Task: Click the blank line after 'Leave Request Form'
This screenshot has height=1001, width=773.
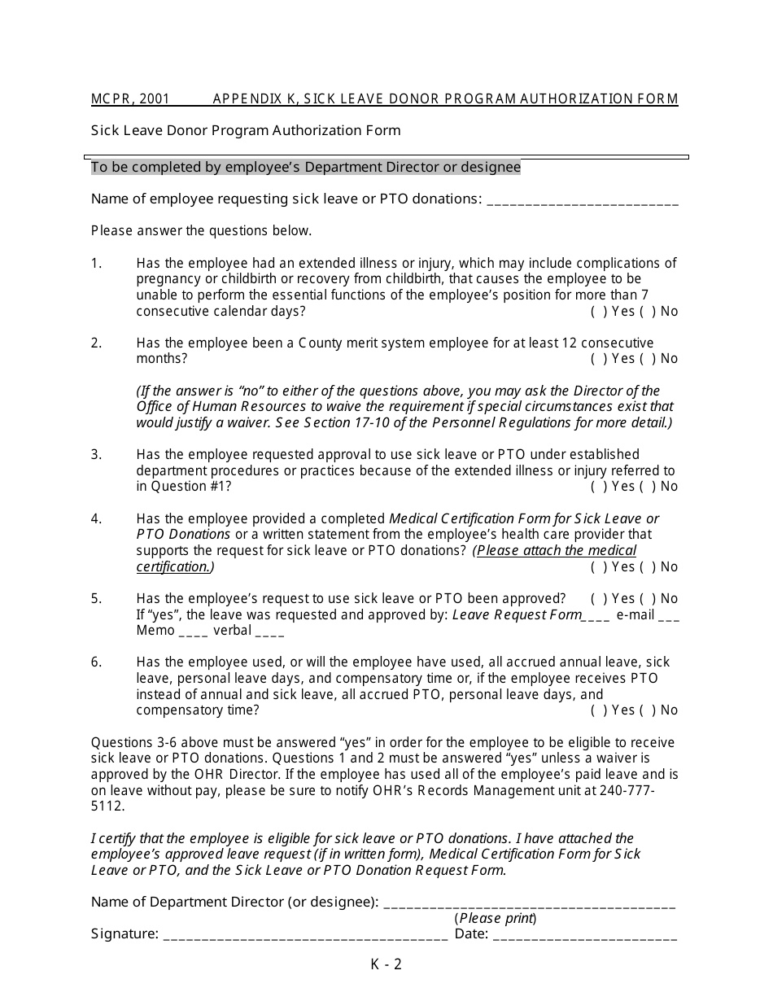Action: (596, 616)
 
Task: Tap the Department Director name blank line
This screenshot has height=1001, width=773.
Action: (529, 903)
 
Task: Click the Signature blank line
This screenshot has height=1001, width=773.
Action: (305, 935)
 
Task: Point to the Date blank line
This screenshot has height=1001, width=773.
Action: (584, 935)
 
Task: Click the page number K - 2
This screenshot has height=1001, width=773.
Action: (386, 965)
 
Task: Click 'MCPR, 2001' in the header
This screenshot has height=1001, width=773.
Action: (130, 99)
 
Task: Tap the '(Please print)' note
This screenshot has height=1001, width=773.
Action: (496, 919)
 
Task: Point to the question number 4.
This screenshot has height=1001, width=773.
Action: (97, 518)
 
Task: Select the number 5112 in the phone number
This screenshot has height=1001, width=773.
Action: (107, 806)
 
